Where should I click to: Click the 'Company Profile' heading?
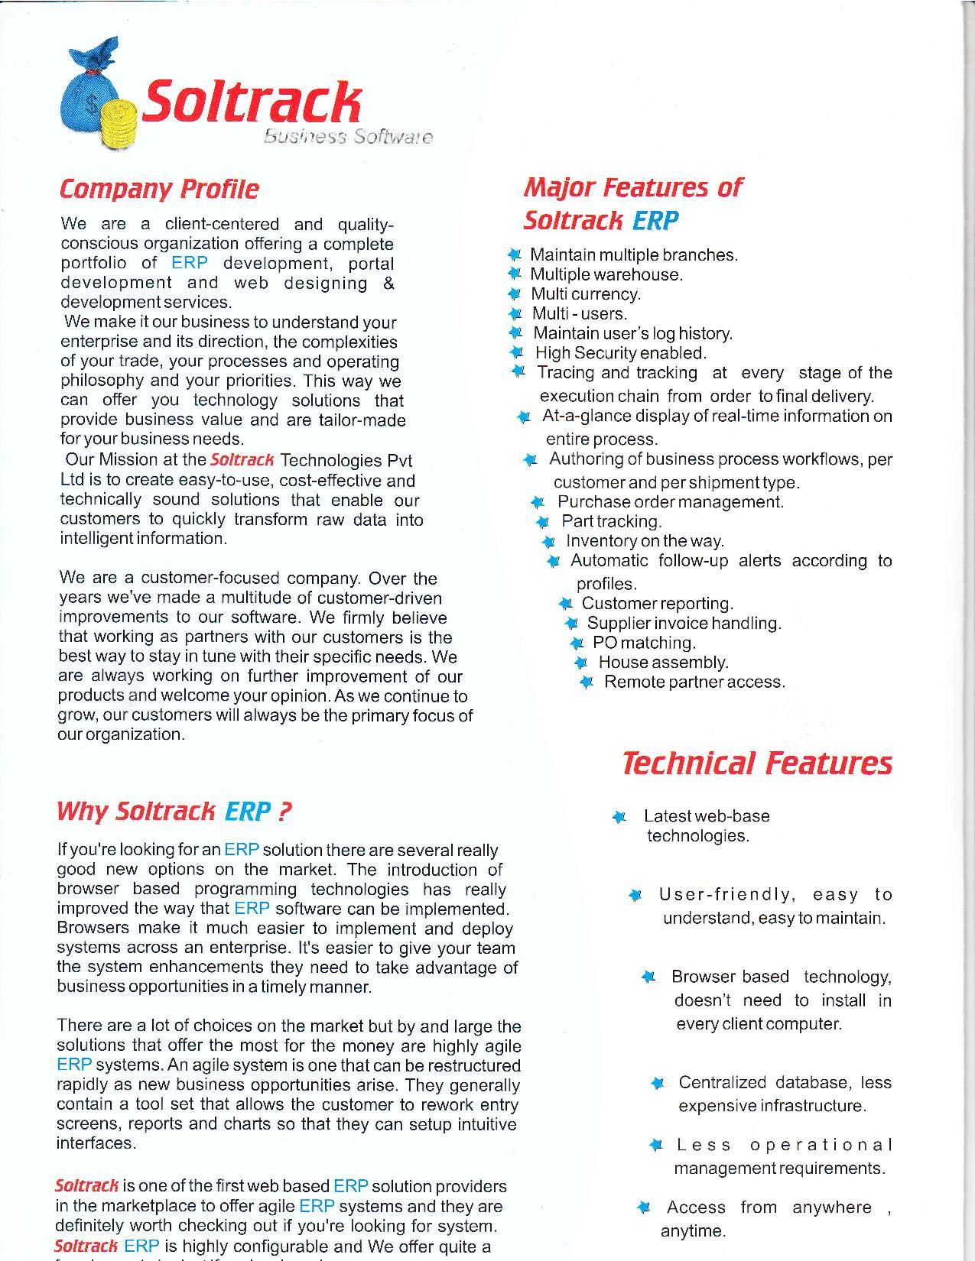[159, 189]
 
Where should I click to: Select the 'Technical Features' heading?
[756, 763]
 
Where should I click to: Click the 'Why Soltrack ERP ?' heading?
[174, 811]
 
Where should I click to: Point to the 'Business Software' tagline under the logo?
[348, 137]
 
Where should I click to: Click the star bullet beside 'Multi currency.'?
[514, 294]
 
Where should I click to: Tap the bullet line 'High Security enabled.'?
[620, 353]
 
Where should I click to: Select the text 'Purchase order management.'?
[671, 502]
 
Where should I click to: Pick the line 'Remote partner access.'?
[694, 682]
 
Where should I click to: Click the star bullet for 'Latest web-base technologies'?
[619, 817]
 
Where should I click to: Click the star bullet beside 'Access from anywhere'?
[644, 1208]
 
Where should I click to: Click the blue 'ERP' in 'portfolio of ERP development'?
[190, 264]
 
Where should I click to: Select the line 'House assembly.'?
[663, 662]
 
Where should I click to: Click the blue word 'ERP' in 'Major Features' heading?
[655, 221]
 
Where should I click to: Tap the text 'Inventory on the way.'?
[645, 541]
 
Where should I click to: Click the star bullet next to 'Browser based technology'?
[648, 977]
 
